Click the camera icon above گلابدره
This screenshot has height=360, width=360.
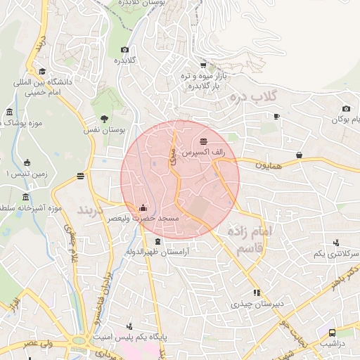coord(124,49)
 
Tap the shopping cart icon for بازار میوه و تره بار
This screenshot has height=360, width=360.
coord(203,64)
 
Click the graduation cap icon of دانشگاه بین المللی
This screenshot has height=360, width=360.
coord(42,71)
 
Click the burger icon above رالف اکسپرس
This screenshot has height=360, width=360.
coord(203,141)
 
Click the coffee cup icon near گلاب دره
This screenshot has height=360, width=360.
coord(277,116)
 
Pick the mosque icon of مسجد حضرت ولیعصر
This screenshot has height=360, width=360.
coord(143,207)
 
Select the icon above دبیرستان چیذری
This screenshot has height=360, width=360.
coord(257,292)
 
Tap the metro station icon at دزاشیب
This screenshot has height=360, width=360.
coord(332,333)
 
